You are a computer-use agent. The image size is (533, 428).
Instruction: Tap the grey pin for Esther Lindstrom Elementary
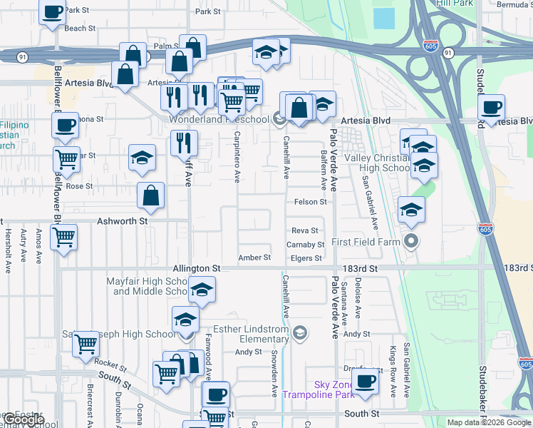pyautogui.click(x=301, y=332)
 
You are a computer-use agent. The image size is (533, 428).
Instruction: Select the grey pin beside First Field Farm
pyautogui.click(x=410, y=242)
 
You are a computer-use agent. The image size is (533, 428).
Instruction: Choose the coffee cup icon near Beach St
pyautogui.click(x=53, y=12)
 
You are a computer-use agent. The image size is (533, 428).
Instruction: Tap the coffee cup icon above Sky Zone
pyautogui.click(x=366, y=381)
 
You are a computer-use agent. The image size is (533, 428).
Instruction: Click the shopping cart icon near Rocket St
pyautogui.click(x=86, y=343)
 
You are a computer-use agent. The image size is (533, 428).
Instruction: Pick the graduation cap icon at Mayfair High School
pyautogui.click(x=202, y=290)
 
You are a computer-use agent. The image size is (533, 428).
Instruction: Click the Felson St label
pyautogui.click(x=311, y=202)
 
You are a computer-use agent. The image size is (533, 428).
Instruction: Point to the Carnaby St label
pyautogui.click(x=305, y=245)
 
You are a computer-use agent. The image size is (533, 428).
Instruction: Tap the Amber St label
pyautogui.click(x=254, y=258)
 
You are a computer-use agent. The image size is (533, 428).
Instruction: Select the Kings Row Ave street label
pyautogui.click(x=392, y=371)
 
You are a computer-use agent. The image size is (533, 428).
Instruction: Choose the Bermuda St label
pyautogui.click(x=514, y=4)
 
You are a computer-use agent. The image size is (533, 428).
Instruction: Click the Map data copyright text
pyautogui.click(x=490, y=422)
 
